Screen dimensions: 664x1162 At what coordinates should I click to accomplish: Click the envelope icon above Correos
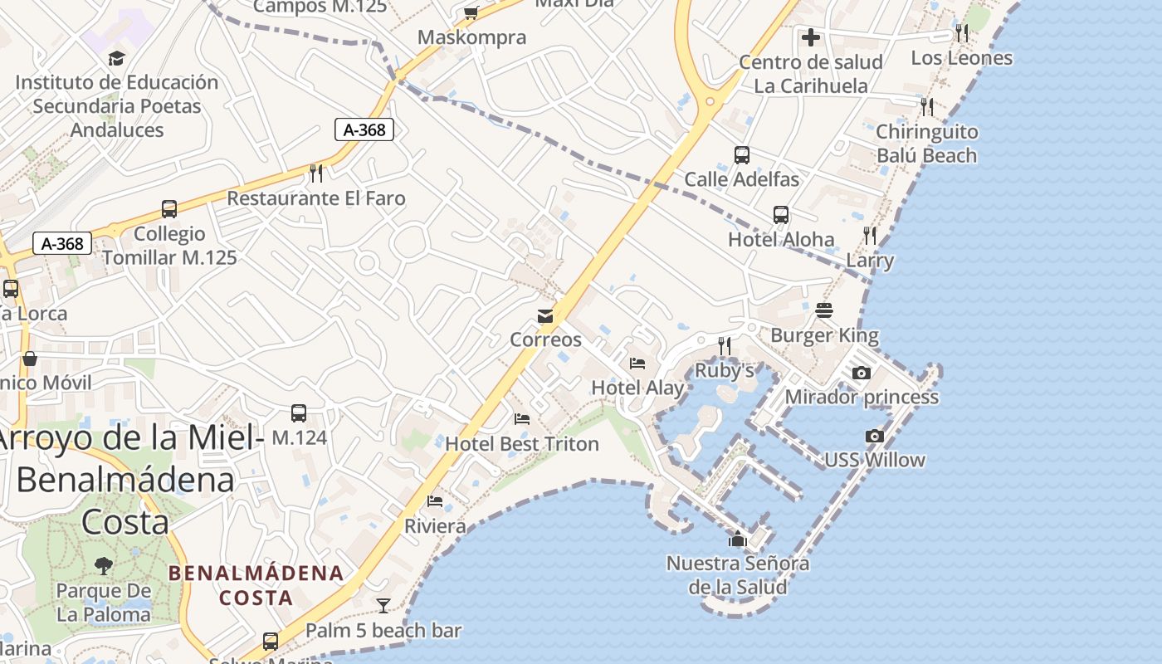pyautogui.click(x=545, y=316)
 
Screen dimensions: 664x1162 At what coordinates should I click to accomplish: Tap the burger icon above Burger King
pyautogui.click(x=824, y=310)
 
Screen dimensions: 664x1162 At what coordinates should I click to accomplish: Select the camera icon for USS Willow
pyautogui.click(x=874, y=437)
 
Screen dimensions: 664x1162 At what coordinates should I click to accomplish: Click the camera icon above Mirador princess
pyautogui.click(x=862, y=373)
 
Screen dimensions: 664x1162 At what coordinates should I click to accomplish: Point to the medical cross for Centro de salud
pyautogui.click(x=811, y=37)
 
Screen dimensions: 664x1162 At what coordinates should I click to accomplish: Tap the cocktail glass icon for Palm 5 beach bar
pyautogui.click(x=383, y=606)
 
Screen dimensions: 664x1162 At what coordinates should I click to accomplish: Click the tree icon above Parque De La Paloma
pyautogui.click(x=104, y=566)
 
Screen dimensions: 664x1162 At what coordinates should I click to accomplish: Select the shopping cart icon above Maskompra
pyautogui.click(x=471, y=12)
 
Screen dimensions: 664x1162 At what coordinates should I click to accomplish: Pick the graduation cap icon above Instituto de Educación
pyautogui.click(x=116, y=58)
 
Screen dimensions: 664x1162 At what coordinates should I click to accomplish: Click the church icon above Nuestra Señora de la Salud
pyautogui.click(x=737, y=539)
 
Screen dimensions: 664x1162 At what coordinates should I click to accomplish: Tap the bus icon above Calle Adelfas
pyautogui.click(x=742, y=155)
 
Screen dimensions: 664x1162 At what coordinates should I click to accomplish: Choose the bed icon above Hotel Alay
pyautogui.click(x=637, y=364)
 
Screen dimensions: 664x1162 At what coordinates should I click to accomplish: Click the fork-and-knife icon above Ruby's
pyautogui.click(x=725, y=345)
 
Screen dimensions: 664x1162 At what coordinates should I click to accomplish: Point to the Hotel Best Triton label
pyautogui.click(x=522, y=444)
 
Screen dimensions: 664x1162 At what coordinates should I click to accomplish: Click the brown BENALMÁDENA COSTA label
pyautogui.click(x=256, y=585)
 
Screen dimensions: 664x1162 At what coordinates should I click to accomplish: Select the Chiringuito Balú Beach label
pyautogui.click(x=927, y=144)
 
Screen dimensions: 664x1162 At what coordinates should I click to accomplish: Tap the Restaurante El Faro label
pyautogui.click(x=316, y=198)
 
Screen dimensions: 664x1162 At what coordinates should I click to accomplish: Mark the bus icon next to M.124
pyautogui.click(x=299, y=413)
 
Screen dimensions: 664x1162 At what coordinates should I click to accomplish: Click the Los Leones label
pyautogui.click(x=962, y=58)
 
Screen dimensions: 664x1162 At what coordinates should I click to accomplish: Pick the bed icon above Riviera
pyautogui.click(x=435, y=501)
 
